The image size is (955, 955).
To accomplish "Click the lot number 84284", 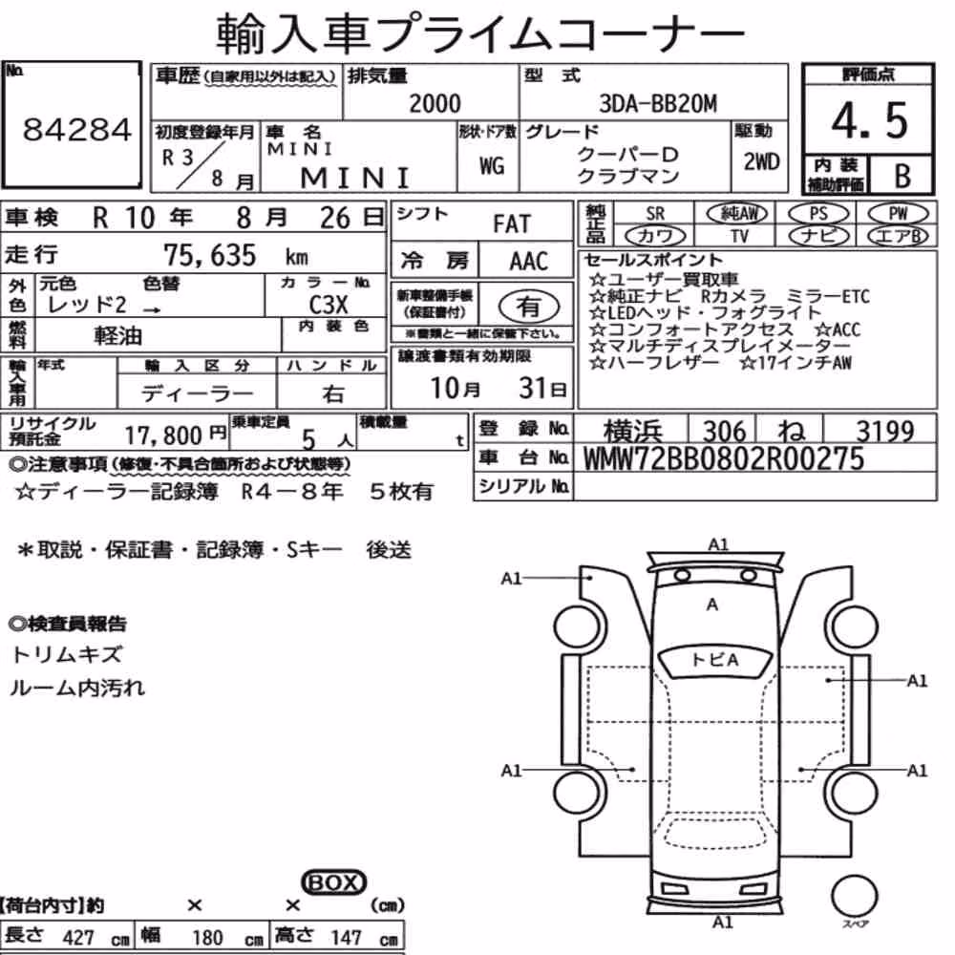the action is [76, 130].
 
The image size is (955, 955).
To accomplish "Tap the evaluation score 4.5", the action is [870, 120].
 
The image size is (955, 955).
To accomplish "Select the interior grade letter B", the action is [902, 176].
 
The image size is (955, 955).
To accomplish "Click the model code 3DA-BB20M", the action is [658, 104].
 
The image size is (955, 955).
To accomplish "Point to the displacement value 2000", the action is [435, 103].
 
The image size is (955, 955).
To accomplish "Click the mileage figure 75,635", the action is [209, 255].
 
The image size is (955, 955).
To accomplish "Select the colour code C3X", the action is [329, 305].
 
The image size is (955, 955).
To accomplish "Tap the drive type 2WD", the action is [761, 161].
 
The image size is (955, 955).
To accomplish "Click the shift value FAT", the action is [512, 224].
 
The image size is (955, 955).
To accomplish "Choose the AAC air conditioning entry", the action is [528, 262].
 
